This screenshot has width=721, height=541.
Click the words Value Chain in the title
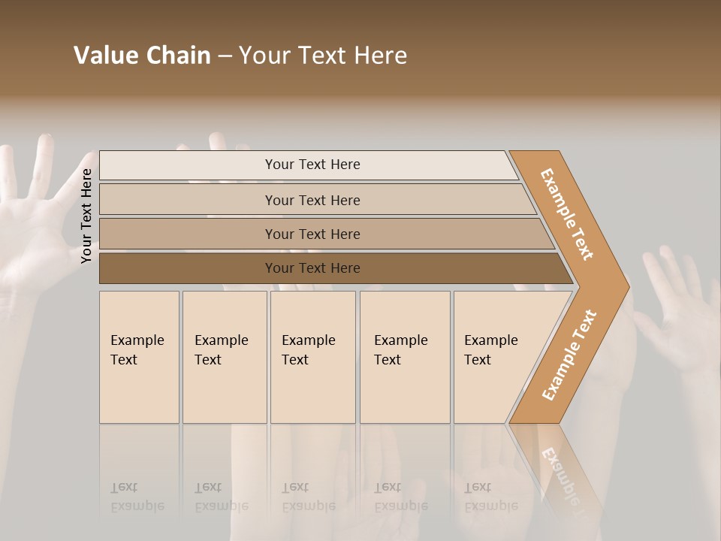(x=142, y=56)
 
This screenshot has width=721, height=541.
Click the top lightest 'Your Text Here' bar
(x=312, y=165)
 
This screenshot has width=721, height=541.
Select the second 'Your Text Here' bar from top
(x=312, y=200)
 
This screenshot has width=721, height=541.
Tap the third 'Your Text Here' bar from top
(x=312, y=234)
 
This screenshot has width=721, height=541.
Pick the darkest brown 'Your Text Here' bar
(x=312, y=268)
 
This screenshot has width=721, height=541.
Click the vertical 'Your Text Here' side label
(x=87, y=216)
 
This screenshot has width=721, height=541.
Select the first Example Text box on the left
(x=139, y=357)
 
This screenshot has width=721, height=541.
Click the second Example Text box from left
(x=224, y=357)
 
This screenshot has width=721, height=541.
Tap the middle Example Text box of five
(x=312, y=357)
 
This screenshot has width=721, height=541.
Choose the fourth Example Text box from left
(x=404, y=357)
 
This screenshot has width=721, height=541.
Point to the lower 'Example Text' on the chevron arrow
(x=569, y=355)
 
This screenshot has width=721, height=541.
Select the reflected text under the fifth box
(x=490, y=497)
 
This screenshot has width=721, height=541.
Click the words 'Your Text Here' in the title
(x=323, y=56)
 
